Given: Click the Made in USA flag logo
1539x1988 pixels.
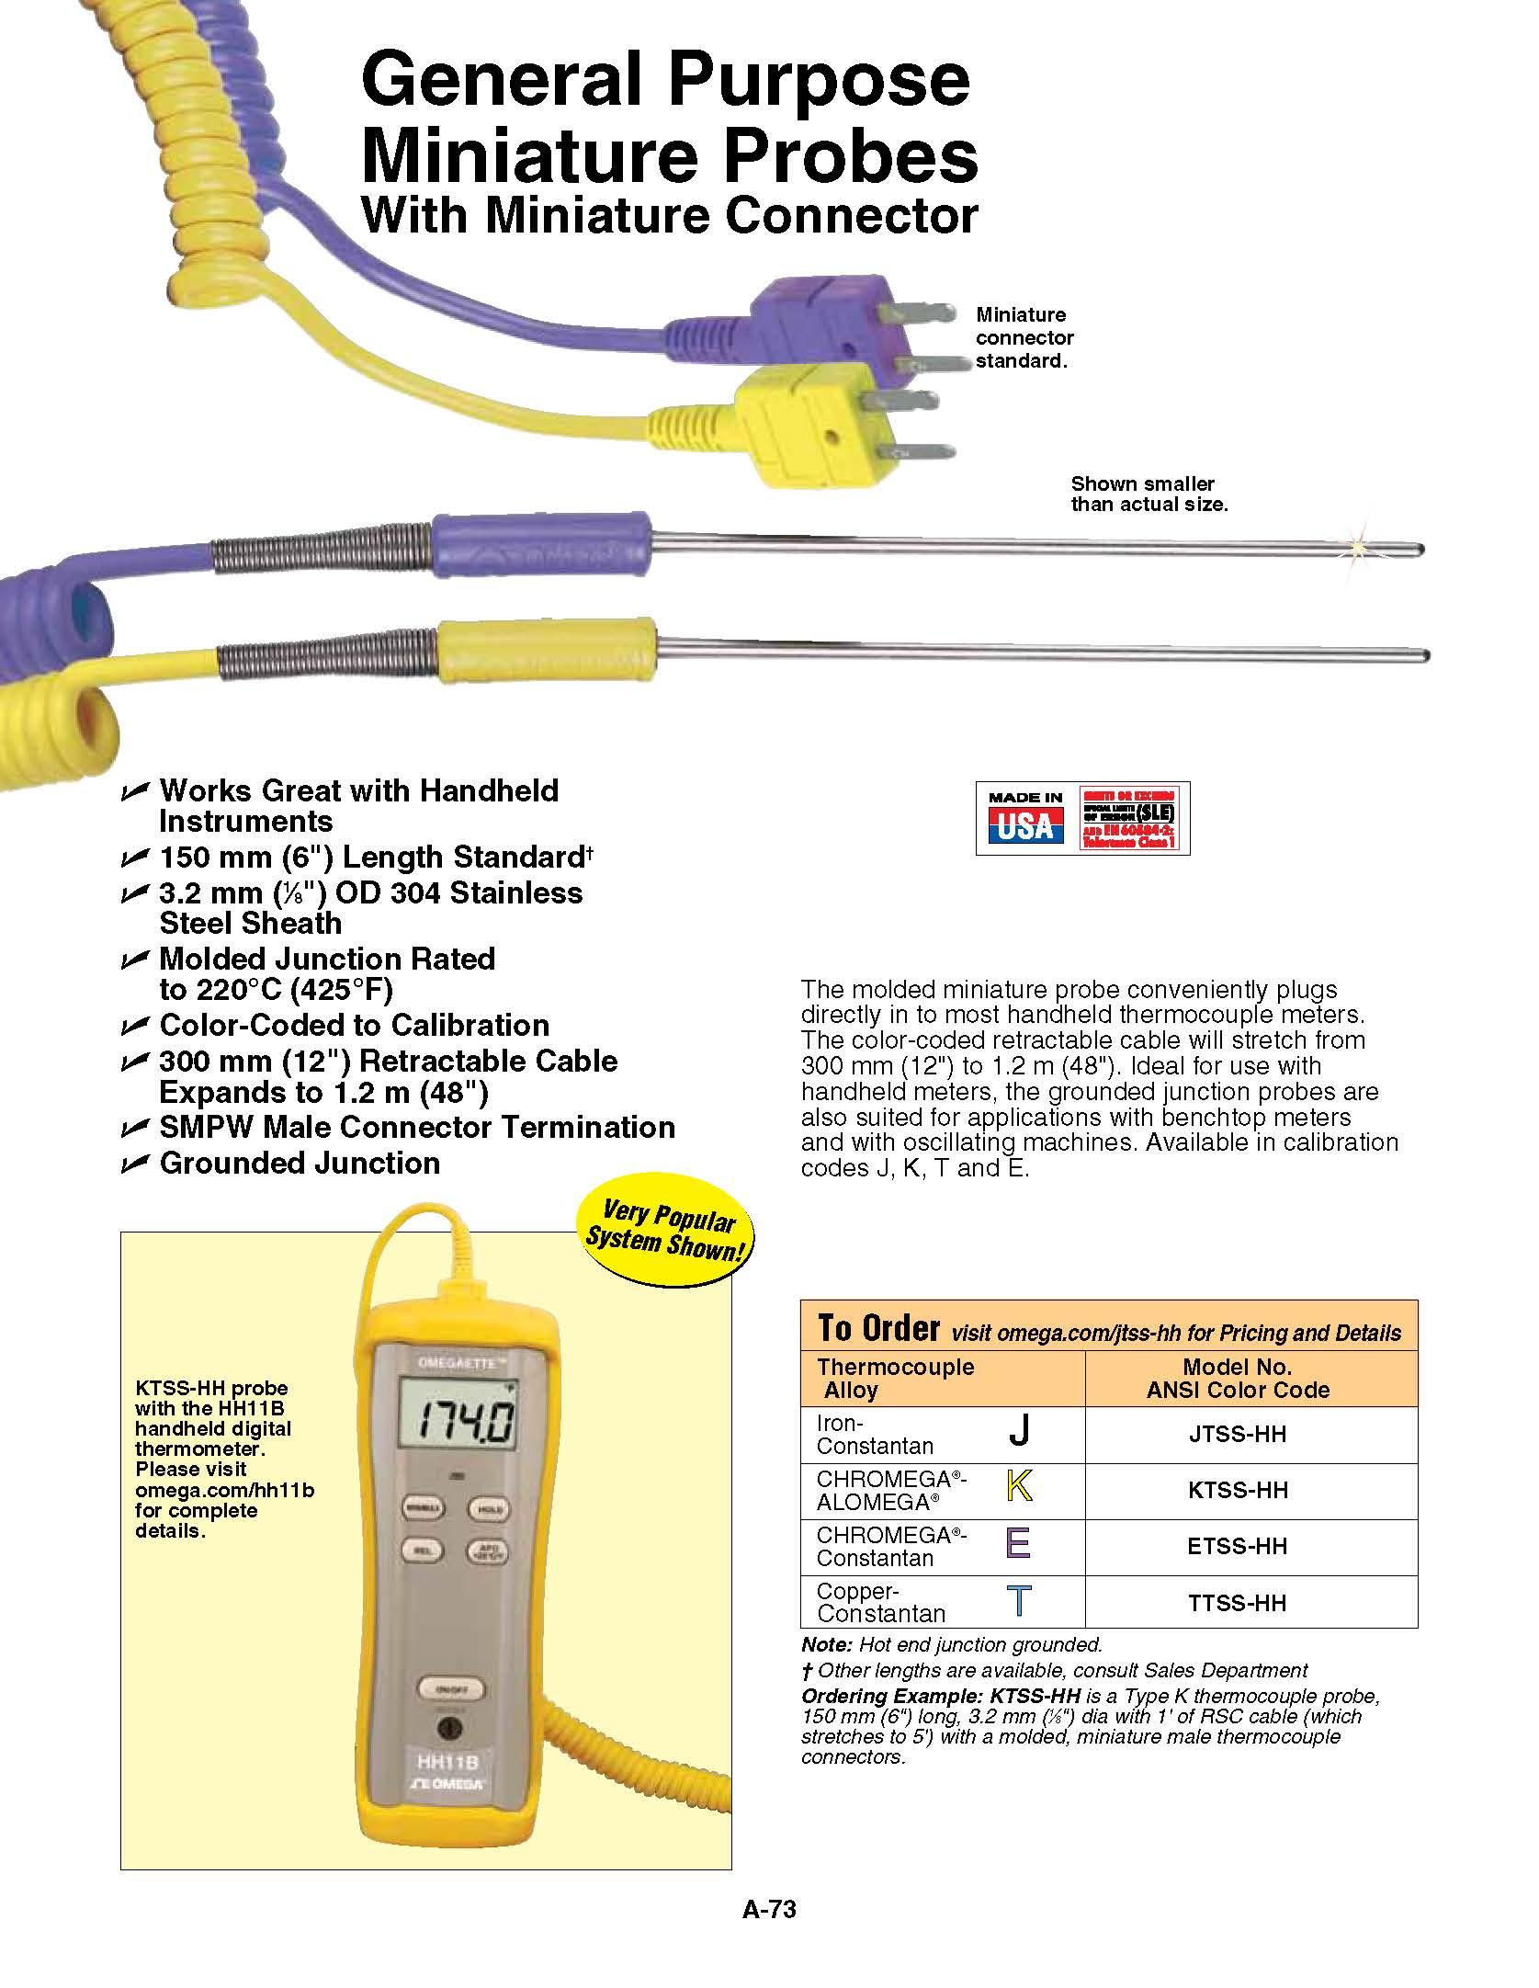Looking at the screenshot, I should tap(1025, 818).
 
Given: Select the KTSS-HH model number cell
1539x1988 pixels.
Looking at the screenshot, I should tap(1238, 1490).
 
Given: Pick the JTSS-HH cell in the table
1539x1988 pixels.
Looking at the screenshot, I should tap(1238, 1434).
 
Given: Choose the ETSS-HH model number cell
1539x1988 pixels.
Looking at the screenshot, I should tap(1238, 1546).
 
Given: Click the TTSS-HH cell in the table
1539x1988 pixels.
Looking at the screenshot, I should tap(1238, 1603).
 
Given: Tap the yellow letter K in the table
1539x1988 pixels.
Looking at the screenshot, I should tap(1019, 1486).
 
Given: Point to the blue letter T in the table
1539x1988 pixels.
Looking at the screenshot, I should tap(1019, 1600).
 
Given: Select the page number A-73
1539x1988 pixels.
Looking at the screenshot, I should tap(769, 1910).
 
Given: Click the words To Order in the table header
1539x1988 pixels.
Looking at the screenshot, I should tap(878, 1328).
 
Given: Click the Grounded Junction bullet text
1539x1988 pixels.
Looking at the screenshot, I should tap(300, 1163).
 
